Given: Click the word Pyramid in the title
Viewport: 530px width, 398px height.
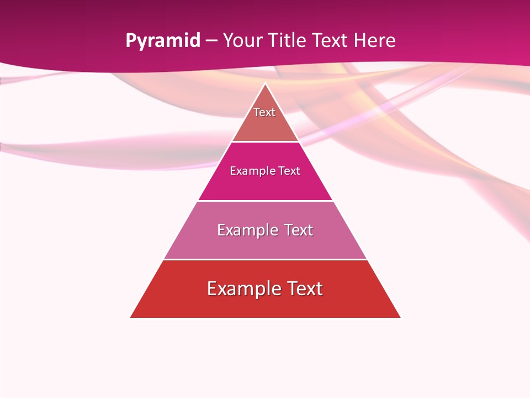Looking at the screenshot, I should (163, 41).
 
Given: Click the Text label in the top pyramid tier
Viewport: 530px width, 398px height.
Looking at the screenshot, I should (264, 112).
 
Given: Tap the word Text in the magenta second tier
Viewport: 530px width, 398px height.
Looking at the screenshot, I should (289, 171).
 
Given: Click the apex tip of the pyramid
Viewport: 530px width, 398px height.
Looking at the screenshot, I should (265, 83).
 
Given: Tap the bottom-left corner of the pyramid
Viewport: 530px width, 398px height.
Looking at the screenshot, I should (131, 317).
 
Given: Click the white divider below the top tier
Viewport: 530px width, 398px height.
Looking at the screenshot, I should (265, 142).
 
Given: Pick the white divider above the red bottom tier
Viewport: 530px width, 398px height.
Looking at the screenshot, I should (265, 259).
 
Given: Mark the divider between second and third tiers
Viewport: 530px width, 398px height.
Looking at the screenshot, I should (265, 201).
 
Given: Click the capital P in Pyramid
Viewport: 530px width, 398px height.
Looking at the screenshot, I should (131, 41).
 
